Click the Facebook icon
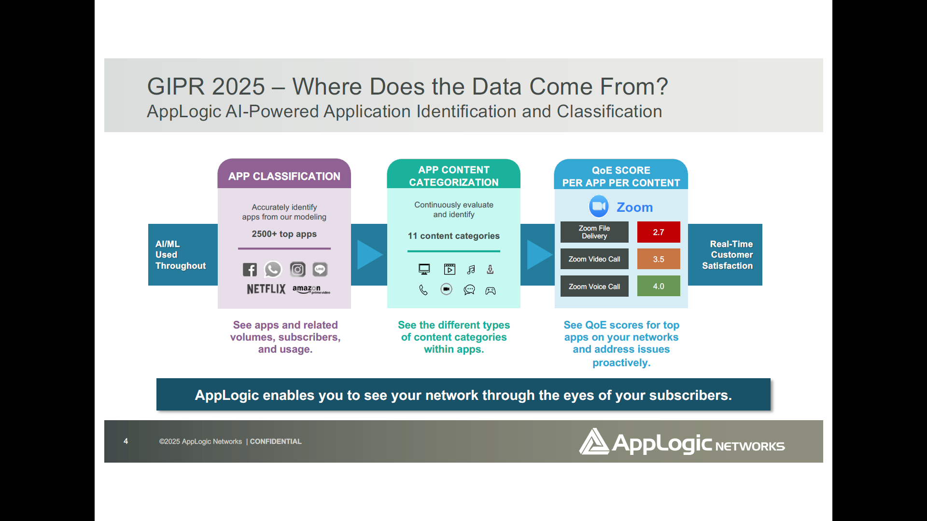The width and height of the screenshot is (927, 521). [x=250, y=270]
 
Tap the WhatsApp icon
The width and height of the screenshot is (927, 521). [x=273, y=269]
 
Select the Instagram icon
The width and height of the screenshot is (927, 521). [x=297, y=269]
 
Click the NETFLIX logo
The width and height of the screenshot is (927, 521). [x=266, y=289]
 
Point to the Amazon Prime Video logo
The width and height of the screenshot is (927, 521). [x=311, y=289]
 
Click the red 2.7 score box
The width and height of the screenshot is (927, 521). [x=659, y=232]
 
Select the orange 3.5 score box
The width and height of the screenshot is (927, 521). [x=659, y=259]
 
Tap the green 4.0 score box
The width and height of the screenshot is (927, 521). [x=659, y=286]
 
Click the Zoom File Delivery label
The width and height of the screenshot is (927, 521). [x=594, y=232]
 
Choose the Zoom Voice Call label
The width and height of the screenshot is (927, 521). [x=594, y=287]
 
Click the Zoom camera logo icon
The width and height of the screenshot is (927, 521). [x=599, y=206]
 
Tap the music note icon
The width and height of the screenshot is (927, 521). [x=471, y=270]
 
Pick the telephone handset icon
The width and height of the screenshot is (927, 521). [x=423, y=290]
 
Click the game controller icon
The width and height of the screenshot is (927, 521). [x=491, y=290]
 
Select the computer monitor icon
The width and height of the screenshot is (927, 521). [x=424, y=269]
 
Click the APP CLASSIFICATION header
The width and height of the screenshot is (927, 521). [x=284, y=176]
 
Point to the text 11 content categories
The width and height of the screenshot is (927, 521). [x=454, y=236]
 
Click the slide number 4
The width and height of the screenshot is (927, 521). [x=126, y=441]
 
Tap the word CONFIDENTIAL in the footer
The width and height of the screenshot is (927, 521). [x=276, y=441]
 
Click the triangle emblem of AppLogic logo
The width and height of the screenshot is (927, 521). [x=593, y=442]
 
